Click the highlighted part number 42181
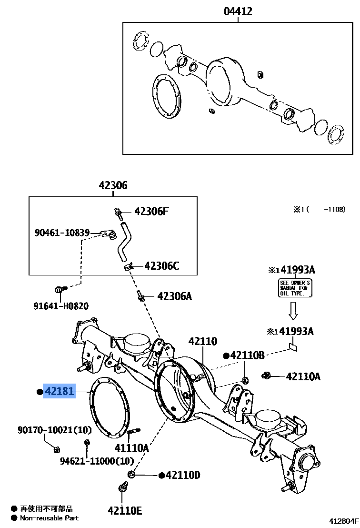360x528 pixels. (60, 392)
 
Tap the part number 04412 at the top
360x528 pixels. (238, 11)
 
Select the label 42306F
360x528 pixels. (151, 211)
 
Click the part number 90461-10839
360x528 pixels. (62, 233)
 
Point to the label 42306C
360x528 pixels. (162, 266)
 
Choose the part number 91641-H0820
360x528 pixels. (60, 306)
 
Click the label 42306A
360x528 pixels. (174, 296)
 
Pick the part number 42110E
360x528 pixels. (125, 510)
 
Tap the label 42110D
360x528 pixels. (183, 475)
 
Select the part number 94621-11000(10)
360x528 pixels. (97, 461)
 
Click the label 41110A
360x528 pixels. (131, 448)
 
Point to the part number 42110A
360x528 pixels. (303, 377)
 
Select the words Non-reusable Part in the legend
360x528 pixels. (49, 518)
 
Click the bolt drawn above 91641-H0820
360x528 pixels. (59, 289)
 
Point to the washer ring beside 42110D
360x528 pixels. (131, 475)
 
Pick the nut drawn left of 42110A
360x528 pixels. (266, 376)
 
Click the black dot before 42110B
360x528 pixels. (226, 355)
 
